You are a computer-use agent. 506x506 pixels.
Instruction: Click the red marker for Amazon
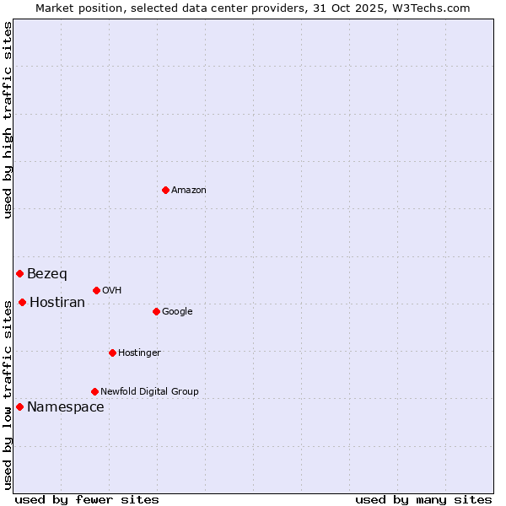165,190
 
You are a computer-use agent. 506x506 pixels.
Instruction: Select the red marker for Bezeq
19,273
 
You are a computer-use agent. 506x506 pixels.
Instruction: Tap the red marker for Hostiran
22,302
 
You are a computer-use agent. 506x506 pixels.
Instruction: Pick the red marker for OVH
96,290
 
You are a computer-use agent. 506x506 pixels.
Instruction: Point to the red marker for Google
156,311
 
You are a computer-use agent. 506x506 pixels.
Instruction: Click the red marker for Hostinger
112,353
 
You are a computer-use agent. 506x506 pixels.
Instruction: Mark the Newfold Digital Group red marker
94,391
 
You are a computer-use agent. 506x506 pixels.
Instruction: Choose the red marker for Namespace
19,406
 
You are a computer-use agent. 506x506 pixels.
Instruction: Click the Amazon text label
189,191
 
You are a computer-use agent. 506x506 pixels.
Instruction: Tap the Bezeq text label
47,274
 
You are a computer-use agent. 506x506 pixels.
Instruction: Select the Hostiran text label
57,303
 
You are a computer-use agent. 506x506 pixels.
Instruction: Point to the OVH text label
112,291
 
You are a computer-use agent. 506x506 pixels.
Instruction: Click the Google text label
177,312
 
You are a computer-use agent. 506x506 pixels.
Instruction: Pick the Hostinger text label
139,353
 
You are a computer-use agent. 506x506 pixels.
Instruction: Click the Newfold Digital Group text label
149,392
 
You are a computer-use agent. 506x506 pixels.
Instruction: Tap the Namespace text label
66,407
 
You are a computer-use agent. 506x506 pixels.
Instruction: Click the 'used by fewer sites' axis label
87,499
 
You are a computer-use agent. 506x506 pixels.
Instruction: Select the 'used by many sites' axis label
423,499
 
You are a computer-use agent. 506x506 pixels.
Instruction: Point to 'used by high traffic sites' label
8,120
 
